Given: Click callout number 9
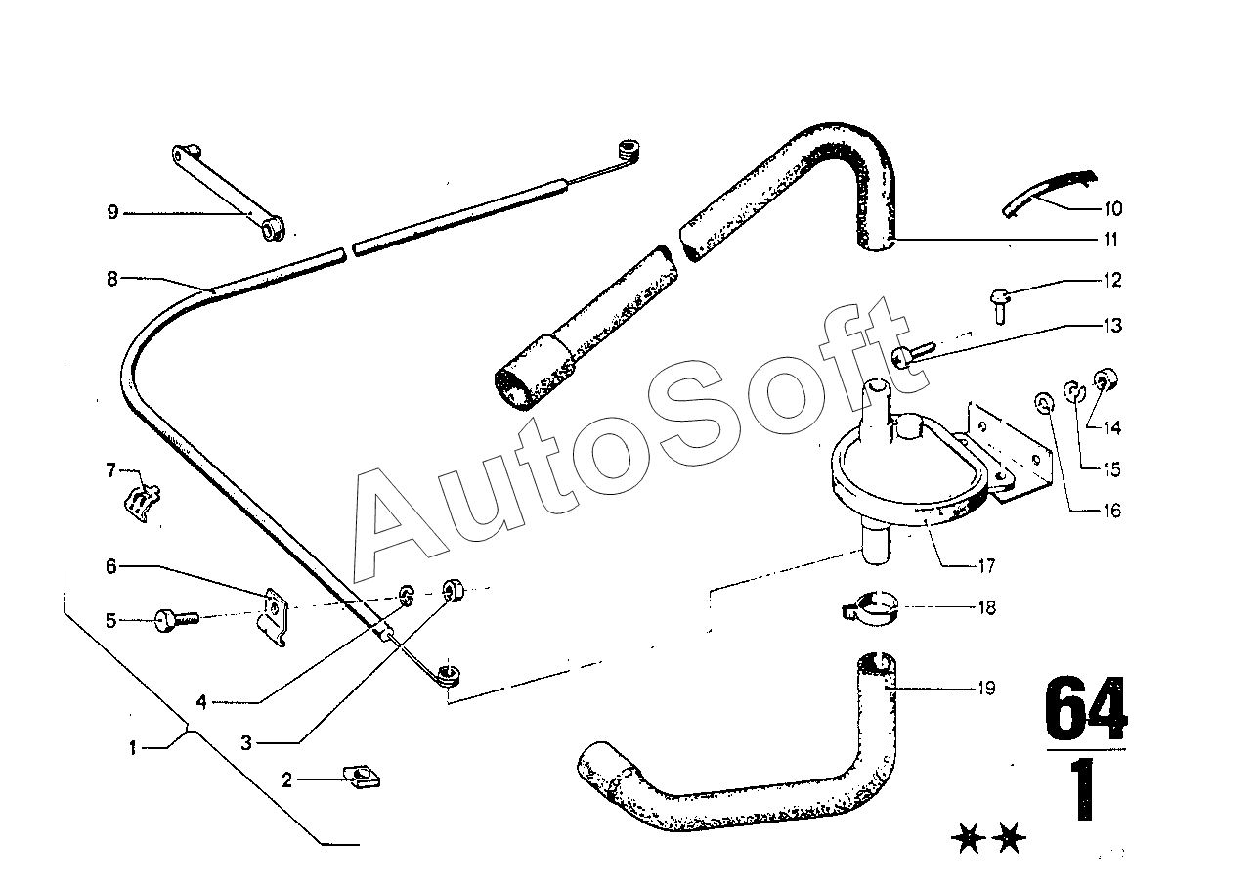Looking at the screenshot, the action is click(x=112, y=212).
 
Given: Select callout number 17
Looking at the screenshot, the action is click(x=984, y=565).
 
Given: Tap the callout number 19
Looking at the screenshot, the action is click(x=986, y=689).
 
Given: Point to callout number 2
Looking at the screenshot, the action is click(x=287, y=779).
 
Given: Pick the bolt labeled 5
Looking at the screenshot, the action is click(x=176, y=619).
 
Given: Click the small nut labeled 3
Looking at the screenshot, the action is click(x=454, y=590).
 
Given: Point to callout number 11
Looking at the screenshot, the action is click(x=1109, y=240).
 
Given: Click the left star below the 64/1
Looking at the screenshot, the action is click(x=968, y=839).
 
